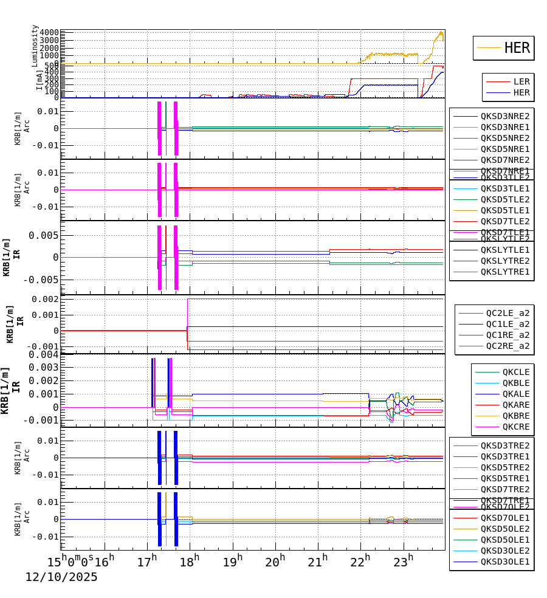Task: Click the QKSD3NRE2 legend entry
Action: click(x=505, y=116)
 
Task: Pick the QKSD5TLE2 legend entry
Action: click(x=505, y=199)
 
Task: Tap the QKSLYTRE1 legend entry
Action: click(x=505, y=272)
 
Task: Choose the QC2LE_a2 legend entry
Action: click(x=507, y=313)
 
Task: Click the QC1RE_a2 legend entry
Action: click(x=507, y=335)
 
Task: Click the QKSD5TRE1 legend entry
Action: click(x=505, y=478)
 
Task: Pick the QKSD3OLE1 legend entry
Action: click(x=505, y=562)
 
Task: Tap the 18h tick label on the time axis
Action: click(x=190, y=562)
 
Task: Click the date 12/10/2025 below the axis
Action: click(x=61, y=577)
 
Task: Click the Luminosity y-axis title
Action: click(x=35, y=46)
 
